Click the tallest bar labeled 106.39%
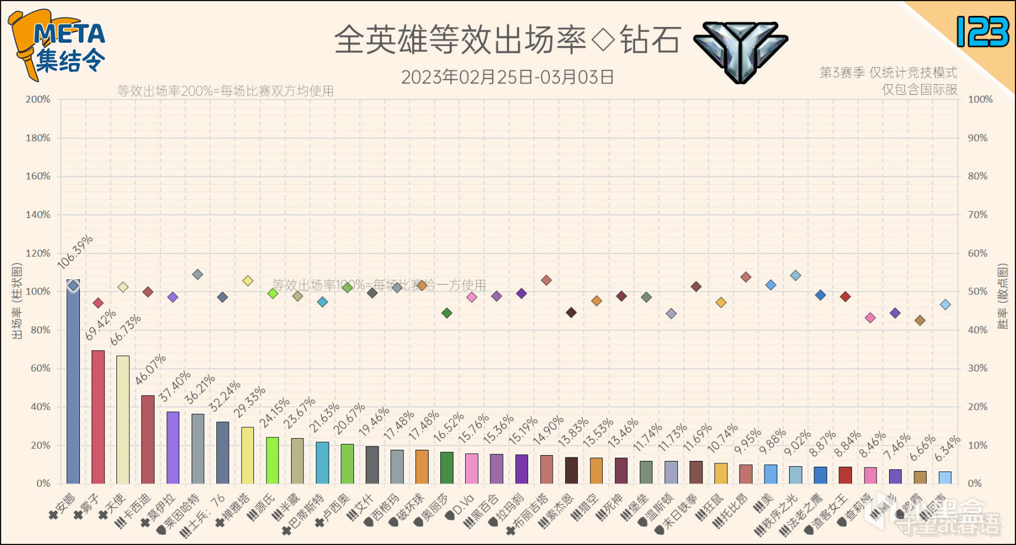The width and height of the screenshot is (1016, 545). coord(73,382)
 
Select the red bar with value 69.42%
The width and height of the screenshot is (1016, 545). coord(98,417)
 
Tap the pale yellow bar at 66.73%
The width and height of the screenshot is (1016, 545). coord(123,420)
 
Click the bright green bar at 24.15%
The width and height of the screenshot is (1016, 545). coord(272,460)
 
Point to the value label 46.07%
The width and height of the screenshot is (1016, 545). coord(151,370)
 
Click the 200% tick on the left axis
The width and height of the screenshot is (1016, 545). coord(38,99)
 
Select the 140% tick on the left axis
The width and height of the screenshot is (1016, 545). coord(38,215)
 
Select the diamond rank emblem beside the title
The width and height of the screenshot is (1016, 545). coord(741,51)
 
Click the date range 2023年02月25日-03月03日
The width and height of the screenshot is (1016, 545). coord(507,77)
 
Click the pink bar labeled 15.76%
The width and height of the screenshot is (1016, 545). coord(472,469)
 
